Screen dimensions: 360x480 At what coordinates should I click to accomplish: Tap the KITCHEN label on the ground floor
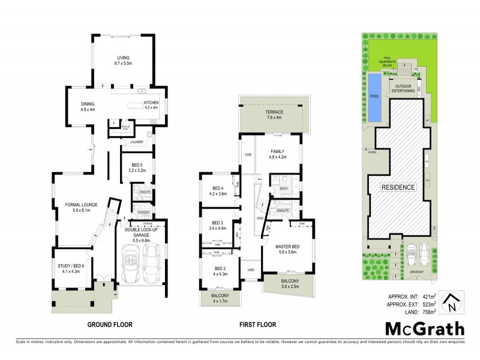point(150,103)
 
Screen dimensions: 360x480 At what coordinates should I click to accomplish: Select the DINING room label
point(88,104)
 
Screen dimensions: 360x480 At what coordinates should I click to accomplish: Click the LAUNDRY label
point(137,142)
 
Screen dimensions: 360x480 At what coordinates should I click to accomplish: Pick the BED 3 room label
point(217,223)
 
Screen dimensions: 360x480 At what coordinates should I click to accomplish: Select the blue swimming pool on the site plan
point(375,96)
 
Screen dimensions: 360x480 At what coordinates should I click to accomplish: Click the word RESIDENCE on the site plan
point(399,187)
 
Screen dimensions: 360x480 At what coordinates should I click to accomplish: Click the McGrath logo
point(424,329)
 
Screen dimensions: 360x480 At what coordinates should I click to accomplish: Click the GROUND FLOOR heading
point(109,325)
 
